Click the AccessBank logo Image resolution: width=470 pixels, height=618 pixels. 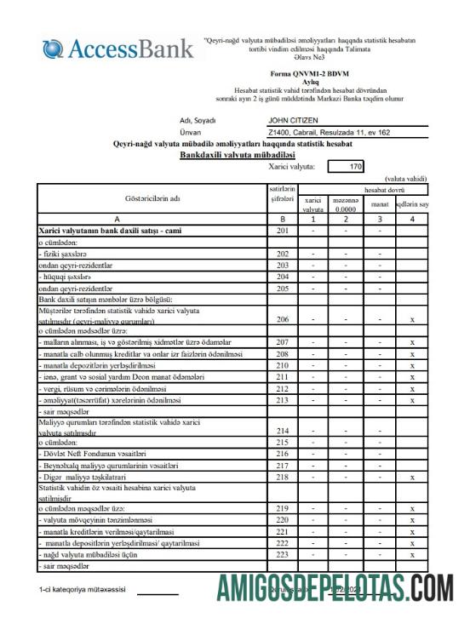tap(118, 48)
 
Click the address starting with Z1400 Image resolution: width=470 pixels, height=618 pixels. tap(328, 133)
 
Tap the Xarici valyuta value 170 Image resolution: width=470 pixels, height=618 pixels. tap(356, 166)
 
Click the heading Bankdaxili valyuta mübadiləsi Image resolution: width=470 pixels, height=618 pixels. tap(237, 155)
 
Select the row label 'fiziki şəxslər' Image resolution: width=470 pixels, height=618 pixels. tap(63, 254)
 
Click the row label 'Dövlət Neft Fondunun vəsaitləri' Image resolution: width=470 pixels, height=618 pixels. tap(89, 455)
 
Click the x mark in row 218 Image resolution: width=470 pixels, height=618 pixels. tap(411, 478)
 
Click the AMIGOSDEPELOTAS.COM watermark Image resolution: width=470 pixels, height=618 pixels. tap(334, 587)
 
